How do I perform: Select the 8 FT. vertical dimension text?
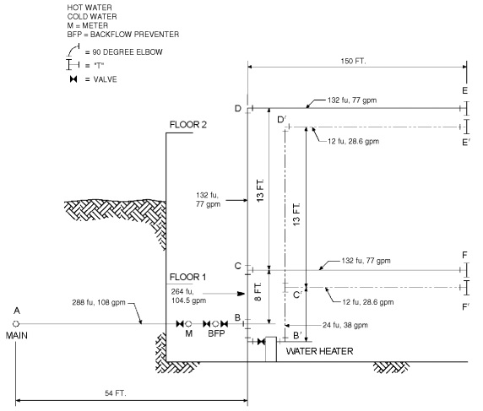257,295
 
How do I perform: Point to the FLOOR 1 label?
188,276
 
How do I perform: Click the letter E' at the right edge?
466,143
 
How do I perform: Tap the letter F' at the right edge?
466,306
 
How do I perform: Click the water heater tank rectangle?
271,349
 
